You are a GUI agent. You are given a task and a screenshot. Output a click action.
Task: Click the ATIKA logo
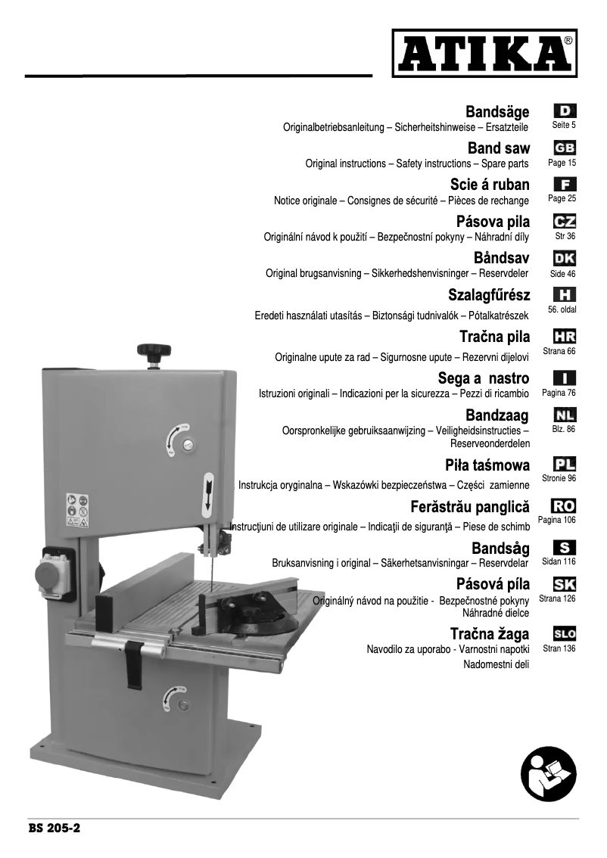(x=484, y=52)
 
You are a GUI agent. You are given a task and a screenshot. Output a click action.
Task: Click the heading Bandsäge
(x=497, y=112)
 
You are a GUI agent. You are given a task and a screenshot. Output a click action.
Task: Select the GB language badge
(x=565, y=148)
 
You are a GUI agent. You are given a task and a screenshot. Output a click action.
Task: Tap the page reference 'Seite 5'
(x=564, y=125)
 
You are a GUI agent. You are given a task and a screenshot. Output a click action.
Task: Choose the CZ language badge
(x=565, y=222)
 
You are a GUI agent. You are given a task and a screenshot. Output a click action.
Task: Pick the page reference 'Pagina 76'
(x=559, y=393)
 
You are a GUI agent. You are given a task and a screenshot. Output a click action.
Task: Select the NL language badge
(x=565, y=415)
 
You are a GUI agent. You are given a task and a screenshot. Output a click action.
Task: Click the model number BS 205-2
(x=54, y=828)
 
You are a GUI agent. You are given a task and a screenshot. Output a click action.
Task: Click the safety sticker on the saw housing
(x=77, y=511)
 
